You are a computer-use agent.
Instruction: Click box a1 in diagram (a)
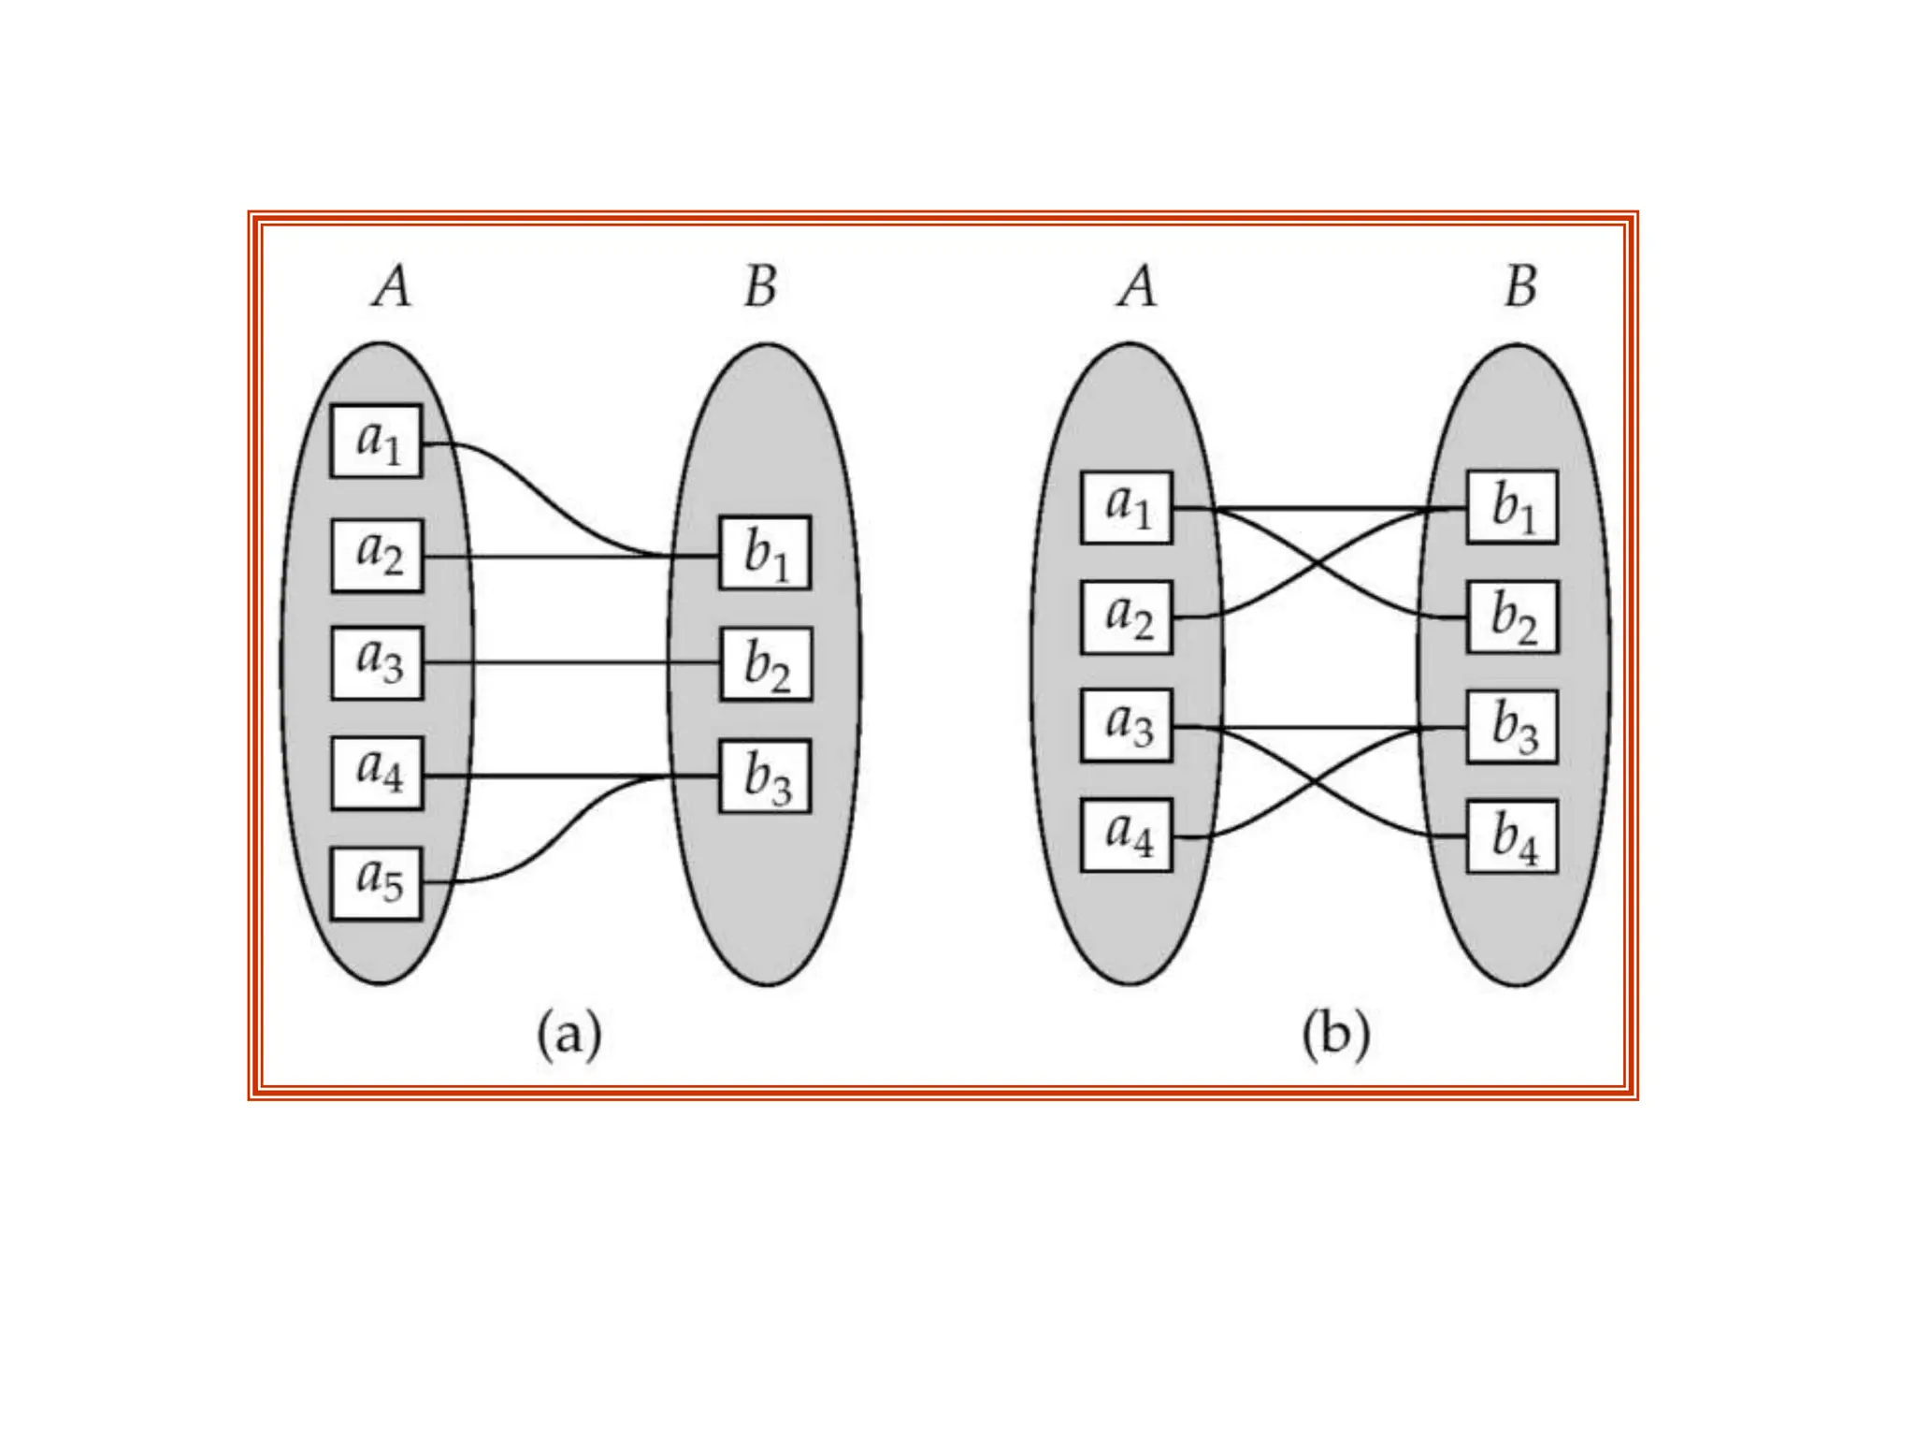(x=377, y=441)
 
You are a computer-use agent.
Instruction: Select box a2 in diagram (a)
(x=377, y=555)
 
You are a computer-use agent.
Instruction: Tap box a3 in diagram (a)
(x=377, y=662)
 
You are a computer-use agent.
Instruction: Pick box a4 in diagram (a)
(x=377, y=774)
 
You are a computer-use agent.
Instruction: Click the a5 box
(x=377, y=883)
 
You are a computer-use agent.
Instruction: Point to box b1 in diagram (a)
(x=765, y=553)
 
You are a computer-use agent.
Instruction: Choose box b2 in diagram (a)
(x=766, y=664)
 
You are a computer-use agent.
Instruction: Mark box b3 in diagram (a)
(x=765, y=777)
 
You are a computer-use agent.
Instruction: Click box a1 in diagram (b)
(x=1126, y=508)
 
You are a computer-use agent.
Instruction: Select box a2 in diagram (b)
(x=1126, y=617)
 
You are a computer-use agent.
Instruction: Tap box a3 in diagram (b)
(x=1126, y=725)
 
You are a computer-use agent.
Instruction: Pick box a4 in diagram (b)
(x=1126, y=835)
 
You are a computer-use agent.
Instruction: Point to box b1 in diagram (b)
(x=1512, y=507)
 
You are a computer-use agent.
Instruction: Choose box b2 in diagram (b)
(x=1512, y=617)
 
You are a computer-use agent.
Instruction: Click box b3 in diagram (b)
(x=1512, y=727)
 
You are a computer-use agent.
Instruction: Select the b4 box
(x=1512, y=836)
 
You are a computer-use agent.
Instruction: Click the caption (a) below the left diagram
(x=569, y=1036)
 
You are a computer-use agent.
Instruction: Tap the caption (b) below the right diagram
(x=1335, y=1036)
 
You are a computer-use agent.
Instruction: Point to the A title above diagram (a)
(x=392, y=285)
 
